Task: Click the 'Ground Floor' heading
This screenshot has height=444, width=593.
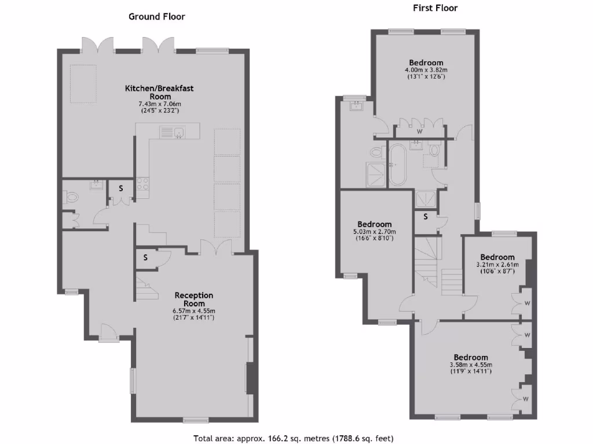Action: coord(156,17)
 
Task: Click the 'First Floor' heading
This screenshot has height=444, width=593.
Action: coord(435,8)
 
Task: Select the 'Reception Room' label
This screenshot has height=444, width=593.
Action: coord(194,299)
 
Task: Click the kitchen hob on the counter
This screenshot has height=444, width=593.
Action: coord(142,186)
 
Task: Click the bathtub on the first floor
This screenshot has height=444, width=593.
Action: coord(398,165)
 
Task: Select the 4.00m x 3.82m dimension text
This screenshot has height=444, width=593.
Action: coord(426,70)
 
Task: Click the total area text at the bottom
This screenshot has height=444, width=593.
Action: coord(296,438)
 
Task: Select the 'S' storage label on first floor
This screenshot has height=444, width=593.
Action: coord(426,217)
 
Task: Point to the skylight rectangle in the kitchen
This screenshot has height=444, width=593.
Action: coord(85,84)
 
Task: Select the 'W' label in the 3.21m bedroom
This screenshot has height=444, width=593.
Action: coord(527,303)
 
